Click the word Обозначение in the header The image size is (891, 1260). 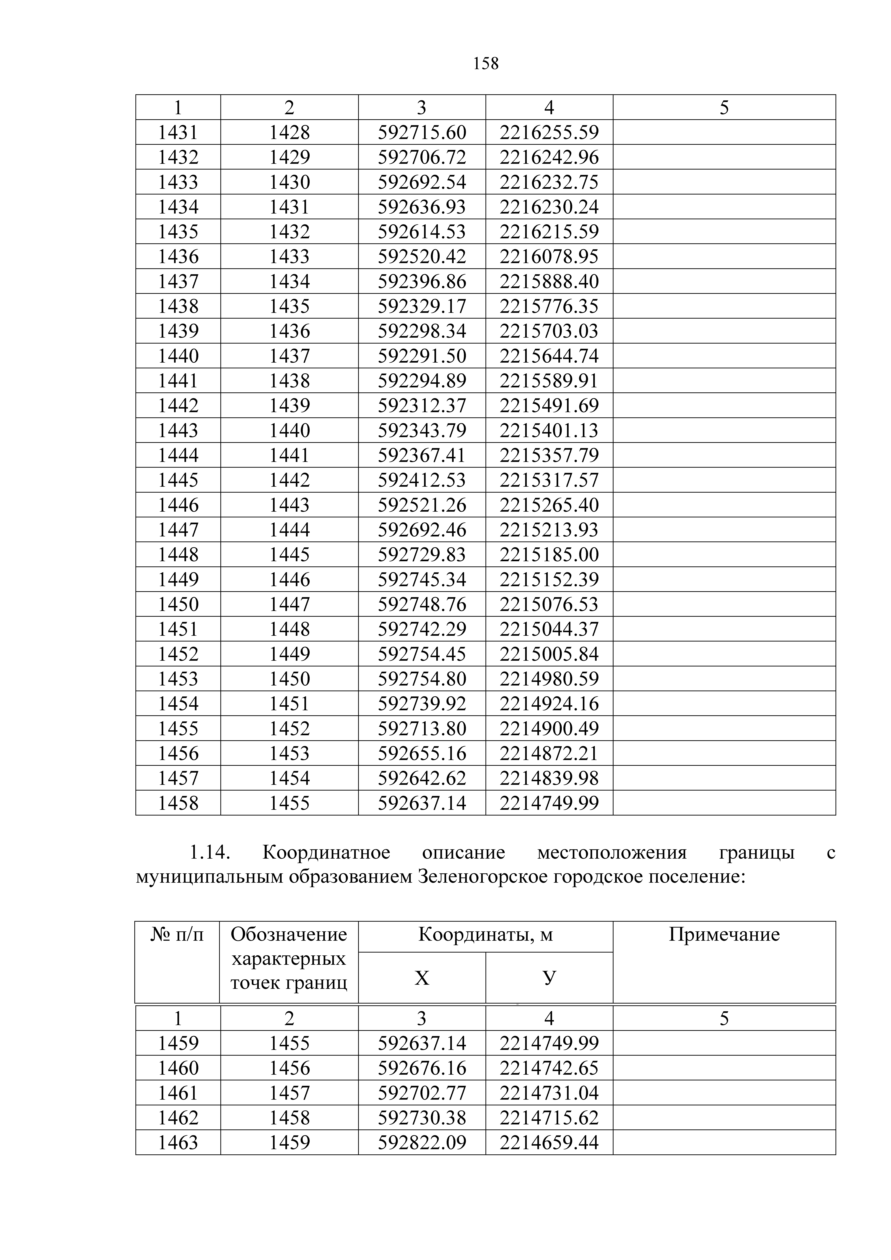289,934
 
